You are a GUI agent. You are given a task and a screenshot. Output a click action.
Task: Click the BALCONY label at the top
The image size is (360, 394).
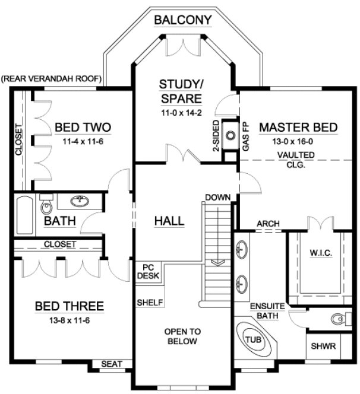click(183, 20)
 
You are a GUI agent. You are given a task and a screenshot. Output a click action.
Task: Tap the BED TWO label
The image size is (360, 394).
click(83, 127)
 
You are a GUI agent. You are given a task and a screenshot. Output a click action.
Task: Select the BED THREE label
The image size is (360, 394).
click(70, 306)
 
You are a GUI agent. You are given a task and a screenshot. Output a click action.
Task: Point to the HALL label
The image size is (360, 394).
click(169, 221)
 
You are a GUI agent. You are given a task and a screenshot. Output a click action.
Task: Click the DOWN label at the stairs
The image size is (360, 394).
click(217, 196)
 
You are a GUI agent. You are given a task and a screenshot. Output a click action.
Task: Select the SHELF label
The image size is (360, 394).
click(150, 302)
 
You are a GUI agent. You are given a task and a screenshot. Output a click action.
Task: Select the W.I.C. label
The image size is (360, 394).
click(321, 253)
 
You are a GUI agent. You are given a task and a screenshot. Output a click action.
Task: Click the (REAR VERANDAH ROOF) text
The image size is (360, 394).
click(52, 78)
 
